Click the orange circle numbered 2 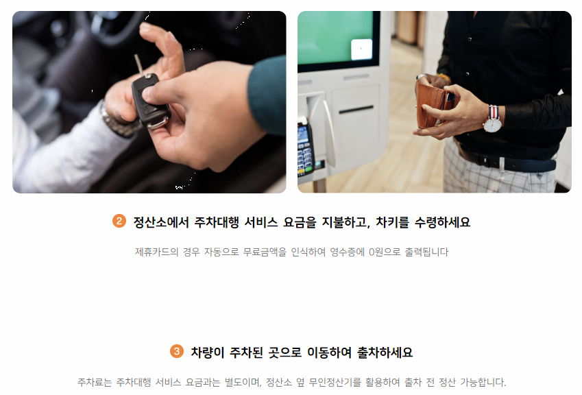(119, 222)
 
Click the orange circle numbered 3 (176, 352)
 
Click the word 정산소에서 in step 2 (153, 222)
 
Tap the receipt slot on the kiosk (356, 109)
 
